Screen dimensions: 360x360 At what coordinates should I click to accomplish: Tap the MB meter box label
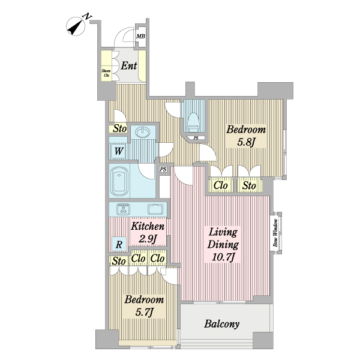pos(141,36)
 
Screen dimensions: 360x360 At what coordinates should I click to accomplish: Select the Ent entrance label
pos(129,66)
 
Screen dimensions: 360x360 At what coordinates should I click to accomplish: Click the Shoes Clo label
pos(106,73)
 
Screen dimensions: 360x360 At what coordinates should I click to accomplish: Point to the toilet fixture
pos(193,122)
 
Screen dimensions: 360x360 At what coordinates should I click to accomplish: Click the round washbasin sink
pos(142,132)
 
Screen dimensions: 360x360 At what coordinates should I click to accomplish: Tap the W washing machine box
pos(119,151)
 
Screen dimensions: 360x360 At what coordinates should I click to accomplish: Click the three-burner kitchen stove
pos(123,209)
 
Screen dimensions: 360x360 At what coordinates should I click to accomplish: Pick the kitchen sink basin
pos(155,209)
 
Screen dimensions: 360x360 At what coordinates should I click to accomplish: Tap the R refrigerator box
pos(119,244)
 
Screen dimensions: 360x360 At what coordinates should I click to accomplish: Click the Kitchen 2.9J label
pos(148,233)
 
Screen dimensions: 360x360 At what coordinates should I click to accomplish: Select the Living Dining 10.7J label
pos(223,245)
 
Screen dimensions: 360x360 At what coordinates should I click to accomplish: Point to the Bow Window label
pos(275,233)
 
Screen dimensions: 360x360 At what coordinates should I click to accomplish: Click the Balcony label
pos(222,324)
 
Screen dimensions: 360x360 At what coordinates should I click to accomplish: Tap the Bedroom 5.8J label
pos(246,136)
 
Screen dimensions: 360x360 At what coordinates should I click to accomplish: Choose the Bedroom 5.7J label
pos(144,306)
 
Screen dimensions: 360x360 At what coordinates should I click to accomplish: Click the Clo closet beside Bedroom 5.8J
pos(221,185)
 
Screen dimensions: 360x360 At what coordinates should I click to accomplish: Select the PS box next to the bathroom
pos(163,169)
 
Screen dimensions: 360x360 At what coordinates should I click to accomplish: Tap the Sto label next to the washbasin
pos(119,128)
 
